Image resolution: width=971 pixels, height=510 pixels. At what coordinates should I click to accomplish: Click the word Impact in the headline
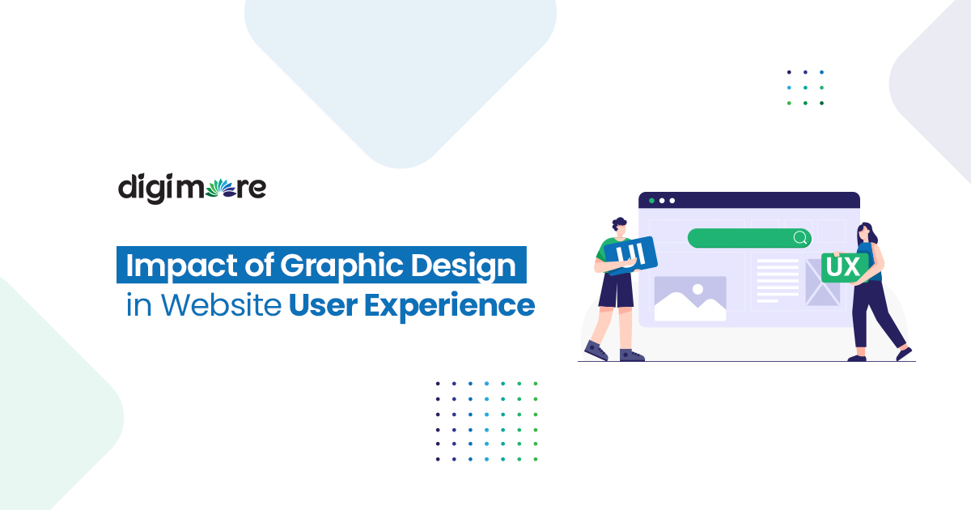pyautogui.click(x=171, y=266)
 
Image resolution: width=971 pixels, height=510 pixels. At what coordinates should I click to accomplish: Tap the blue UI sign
pyautogui.click(x=629, y=255)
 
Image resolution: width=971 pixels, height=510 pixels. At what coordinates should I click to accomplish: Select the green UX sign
pyautogui.click(x=844, y=267)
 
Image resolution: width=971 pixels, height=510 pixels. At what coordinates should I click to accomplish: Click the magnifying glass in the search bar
pyautogui.click(x=800, y=238)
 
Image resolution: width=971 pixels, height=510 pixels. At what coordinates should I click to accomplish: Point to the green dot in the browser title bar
pyautogui.click(x=651, y=200)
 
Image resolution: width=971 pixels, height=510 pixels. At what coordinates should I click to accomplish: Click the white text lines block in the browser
pyautogui.click(x=777, y=280)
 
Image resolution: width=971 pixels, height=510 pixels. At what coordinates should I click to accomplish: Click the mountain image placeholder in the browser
pyautogui.click(x=689, y=299)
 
